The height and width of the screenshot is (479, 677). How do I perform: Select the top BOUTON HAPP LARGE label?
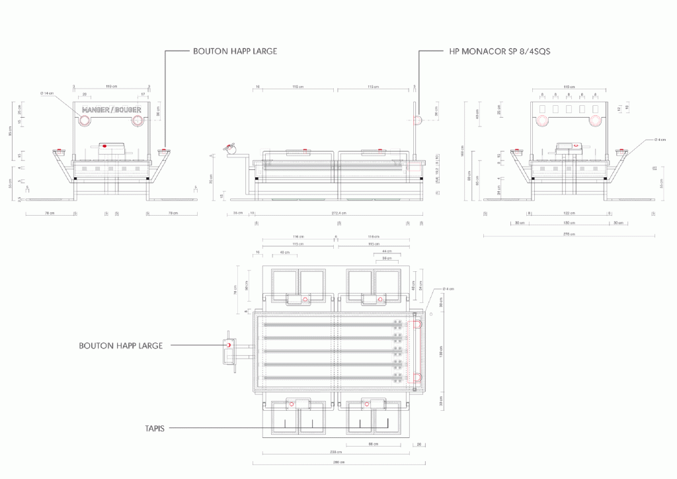[x=235, y=51]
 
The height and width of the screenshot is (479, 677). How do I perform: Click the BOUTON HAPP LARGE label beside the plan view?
[x=120, y=345]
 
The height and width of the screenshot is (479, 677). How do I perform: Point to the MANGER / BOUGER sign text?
[x=111, y=110]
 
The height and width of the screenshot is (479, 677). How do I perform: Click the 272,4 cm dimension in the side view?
[x=337, y=213]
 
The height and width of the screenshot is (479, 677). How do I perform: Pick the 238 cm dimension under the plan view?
[x=337, y=452]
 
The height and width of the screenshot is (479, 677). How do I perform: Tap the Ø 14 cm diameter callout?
[x=46, y=93]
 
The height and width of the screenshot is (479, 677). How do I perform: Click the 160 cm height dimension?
[x=463, y=150]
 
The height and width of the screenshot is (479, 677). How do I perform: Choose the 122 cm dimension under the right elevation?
[x=569, y=213]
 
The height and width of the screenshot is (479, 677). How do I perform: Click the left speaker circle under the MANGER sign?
[x=85, y=120]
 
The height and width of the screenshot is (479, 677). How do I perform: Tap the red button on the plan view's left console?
[x=229, y=345]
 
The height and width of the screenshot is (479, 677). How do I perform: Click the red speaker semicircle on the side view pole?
[x=417, y=120]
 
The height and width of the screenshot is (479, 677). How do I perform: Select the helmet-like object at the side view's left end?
[x=231, y=150]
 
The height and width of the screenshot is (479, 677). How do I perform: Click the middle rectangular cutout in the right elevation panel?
[x=569, y=109]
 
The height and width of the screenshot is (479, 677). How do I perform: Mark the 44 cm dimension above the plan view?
[x=387, y=252]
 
